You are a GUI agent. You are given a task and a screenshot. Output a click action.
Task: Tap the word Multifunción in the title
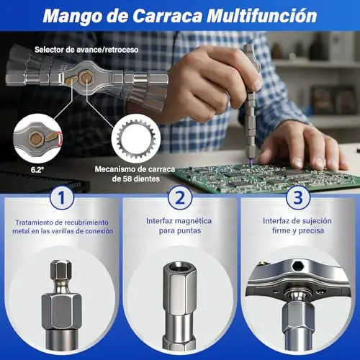[262, 16]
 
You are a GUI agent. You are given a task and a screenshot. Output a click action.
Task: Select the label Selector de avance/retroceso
[86, 50]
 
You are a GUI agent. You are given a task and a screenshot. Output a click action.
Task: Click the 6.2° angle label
[37, 170]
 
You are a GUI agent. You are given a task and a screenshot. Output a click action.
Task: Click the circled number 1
[62, 198]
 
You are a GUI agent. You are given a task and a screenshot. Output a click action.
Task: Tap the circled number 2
[180, 198]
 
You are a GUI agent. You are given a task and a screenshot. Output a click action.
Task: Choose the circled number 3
[298, 197]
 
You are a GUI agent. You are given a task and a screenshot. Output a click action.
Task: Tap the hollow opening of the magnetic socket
[179, 267]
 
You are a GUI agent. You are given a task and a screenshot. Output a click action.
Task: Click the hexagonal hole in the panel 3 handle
[298, 266]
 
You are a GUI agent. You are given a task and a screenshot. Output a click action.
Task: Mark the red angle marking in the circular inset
[60, 138]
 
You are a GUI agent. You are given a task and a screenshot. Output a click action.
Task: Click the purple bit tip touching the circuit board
[251, 161]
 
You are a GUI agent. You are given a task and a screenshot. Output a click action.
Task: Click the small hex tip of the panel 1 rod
[61, 270]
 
